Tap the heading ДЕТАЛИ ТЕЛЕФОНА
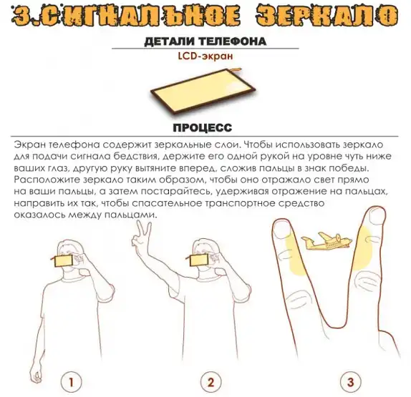(205, 41)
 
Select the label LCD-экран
(205, 56)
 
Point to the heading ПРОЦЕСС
(203, 127)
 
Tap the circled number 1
(71, 382)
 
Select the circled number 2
(211, 382)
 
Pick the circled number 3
(351, 382)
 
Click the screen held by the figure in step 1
(64, 261)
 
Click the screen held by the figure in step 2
(199, 260)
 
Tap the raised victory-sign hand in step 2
(141, 235)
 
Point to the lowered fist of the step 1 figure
(35, 374)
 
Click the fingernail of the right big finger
(377, 217)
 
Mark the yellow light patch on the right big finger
(362, 248)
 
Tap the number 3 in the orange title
(21, 16)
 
